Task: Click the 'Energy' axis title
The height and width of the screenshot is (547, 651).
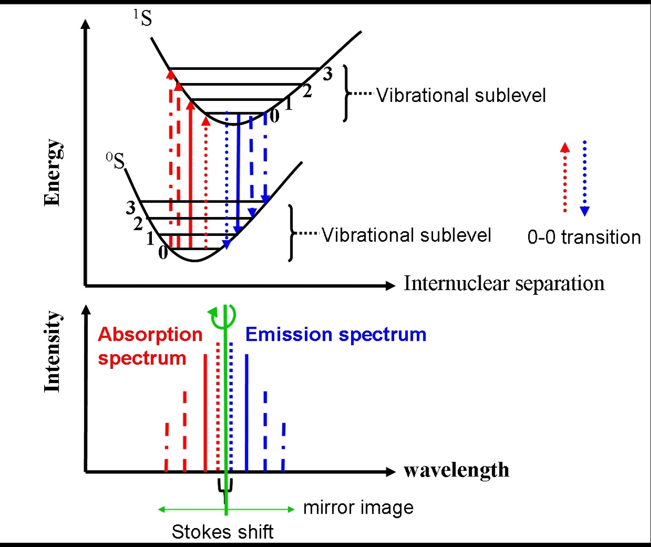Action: [x=52, y=173]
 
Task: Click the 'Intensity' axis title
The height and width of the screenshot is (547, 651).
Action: [x=52, y=351]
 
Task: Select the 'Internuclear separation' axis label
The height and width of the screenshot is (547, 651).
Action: [x=504, y=283]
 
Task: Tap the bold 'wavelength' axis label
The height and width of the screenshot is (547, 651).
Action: [x=456, y=470]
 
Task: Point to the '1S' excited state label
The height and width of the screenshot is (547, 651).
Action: [x=143, y=18]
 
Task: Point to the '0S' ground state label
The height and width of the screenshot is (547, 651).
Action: [x=116, y=161]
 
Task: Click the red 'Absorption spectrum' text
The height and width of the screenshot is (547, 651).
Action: [x=150, y=346]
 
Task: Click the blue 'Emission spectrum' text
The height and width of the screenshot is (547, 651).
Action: [x=335, y=334]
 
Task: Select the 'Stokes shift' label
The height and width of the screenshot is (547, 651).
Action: [x=222, y=532]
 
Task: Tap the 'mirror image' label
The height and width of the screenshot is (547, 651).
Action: [x=358, y=508]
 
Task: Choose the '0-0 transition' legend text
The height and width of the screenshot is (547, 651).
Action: [x=584, y=237]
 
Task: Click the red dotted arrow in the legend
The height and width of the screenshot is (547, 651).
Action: [x=565, y=178]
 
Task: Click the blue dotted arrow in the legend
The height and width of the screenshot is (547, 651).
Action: [x=584, y=178]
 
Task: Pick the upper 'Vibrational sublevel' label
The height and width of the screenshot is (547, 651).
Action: [x=461, y=95]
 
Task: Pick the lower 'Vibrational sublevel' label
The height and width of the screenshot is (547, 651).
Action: [x=406, y=235]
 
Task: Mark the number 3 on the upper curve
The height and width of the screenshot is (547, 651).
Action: [x=328, y=74]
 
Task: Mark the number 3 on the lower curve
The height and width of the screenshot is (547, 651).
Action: [x=130, y=208]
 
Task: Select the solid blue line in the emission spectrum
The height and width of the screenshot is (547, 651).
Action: [x=247, y=413]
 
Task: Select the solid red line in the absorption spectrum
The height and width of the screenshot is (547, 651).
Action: [x=205, y=413]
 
